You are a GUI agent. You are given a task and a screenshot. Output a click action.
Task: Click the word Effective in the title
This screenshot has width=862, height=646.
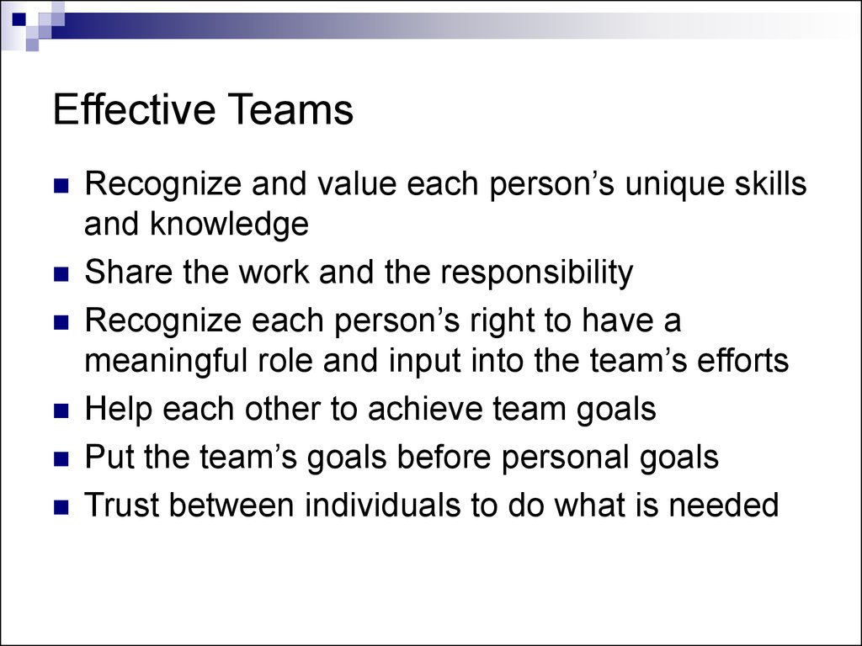(134, 109)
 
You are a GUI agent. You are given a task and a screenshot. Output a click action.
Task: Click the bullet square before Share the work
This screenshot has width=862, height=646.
(61, 273)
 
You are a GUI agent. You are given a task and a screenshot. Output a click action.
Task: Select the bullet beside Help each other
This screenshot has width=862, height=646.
(61, 410)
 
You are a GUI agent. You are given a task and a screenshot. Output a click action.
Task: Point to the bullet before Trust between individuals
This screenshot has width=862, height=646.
(61, 506)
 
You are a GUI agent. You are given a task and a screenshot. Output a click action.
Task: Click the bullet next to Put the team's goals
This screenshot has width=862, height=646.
(61, 458)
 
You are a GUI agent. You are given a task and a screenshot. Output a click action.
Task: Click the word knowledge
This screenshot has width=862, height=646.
(229, 224)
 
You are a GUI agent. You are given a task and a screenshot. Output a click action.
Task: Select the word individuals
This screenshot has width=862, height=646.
(383, 505)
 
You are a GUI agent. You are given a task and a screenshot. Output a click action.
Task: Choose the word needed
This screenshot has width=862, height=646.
(724, 505)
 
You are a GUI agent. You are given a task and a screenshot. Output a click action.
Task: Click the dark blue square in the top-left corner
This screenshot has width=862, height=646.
(19, 19)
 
